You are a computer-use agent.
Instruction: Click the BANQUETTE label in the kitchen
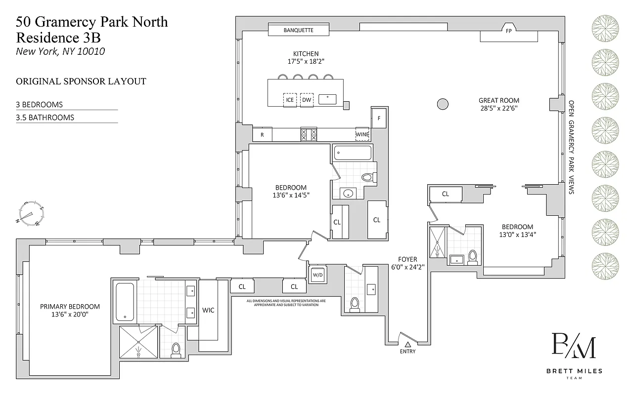click(x=298, y=30)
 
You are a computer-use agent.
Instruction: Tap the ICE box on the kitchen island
click(x=290, y=100)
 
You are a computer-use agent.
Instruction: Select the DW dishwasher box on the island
click(x=307, y=100)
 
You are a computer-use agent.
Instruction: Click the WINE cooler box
click(x=362, y=134)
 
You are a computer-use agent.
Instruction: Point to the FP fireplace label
click(x=508, y=31)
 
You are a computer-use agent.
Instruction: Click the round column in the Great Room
click(x=443, y=104)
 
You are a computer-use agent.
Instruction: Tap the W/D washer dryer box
click(x=316, y=275)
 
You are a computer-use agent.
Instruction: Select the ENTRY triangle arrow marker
click(x=408, y=344)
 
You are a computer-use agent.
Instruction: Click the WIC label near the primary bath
click(x=208, y=310)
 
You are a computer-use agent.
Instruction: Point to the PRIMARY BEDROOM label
click(x=70, y=307)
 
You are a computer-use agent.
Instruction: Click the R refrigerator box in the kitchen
click(x=262, y=134)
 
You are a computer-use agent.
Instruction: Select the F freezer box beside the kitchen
click(x=379, y=118)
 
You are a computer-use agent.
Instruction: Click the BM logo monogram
click(x=574, y=347)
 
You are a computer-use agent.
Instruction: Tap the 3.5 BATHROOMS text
click(x=45, y=118)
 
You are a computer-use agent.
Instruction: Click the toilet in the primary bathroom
click(x=176, y=350)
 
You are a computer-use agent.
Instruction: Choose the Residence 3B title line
click(x=58, y=37)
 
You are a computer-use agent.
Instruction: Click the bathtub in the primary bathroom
click(x=125, y=301)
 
